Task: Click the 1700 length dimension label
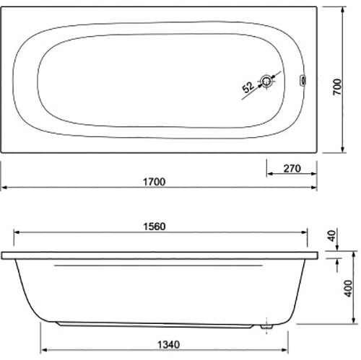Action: coord(155,182)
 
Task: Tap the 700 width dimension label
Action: coord(337,87)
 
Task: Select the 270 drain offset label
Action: coord(292,169)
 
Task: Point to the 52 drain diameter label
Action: coord(248,87)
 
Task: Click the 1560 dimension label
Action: coord(155,227)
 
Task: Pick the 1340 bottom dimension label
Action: coord(168,345)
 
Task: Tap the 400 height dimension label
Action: coord(348,289)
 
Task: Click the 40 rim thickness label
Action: coord(332,236)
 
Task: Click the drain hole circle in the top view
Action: coord(266,82)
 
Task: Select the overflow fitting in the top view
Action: coord(303,80)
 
